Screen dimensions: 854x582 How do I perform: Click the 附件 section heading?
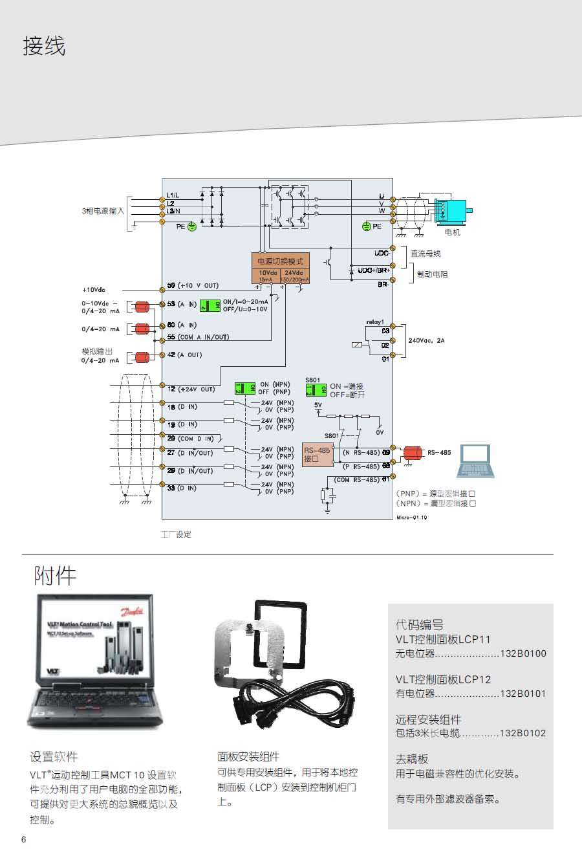(x=55, y=575)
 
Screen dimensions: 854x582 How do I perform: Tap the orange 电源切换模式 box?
(x=280, y=261)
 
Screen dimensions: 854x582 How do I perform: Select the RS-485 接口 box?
(x=318, y=454)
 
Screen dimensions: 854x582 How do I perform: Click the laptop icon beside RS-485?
(x=476, y=461)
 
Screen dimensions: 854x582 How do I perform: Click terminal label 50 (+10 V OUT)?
(x=193, y=285)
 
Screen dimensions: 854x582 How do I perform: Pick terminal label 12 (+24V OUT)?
(x=191, y=389)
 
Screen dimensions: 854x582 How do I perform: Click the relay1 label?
(x=375, y=322)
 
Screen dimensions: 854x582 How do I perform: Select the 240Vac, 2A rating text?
(x=427, y=340)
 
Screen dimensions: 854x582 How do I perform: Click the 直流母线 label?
(x=426, y=254)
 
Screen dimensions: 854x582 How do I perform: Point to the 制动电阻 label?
(x=432, y=274)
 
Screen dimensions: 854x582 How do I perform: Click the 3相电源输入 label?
(x=102, y=211)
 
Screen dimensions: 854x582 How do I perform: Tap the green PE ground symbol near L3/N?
(x=191, y=227)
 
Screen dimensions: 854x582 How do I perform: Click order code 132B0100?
(x=523, y=653)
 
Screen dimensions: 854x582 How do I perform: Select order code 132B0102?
(x=523, y=734)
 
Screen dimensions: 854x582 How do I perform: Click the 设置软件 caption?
(x=54, y=756)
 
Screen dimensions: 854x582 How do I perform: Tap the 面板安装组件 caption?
(x=248, y=756)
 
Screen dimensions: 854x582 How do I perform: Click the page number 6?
(x=24, y=840)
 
